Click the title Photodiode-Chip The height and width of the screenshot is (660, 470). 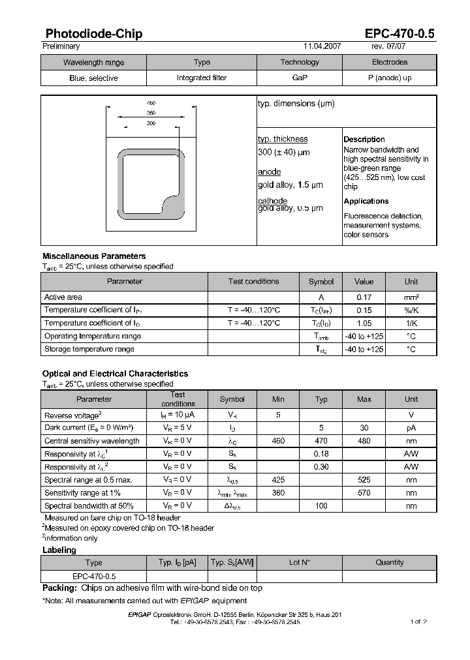coord(94,34)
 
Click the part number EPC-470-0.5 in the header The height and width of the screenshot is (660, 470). coord(399,34)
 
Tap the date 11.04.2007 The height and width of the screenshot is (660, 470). coord(322,47)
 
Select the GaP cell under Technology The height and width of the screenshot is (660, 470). coord(300,78)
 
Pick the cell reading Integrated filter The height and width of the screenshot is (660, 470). coord(202,78)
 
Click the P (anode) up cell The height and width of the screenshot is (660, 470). coord(389,78)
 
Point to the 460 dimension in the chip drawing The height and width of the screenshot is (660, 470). coord(151,104)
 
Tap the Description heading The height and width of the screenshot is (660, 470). coord(364,140)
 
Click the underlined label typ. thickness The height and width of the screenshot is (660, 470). coord(283,139)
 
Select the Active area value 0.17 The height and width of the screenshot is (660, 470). coord(364,297)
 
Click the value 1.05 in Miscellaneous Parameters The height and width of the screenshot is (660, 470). coord(364,323)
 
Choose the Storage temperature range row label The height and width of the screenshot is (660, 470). coord(89,349)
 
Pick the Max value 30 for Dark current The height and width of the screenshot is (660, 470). coord(364,428)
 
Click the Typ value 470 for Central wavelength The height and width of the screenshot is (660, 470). coord(321,441)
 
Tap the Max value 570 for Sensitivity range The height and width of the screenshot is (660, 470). coord(364,493)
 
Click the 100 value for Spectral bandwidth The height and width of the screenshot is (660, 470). coord(321,506)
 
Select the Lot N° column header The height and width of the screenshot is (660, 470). coord(300,562)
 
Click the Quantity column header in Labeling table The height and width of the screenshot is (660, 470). coord(390,562)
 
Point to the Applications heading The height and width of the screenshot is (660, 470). coord(366,202)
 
